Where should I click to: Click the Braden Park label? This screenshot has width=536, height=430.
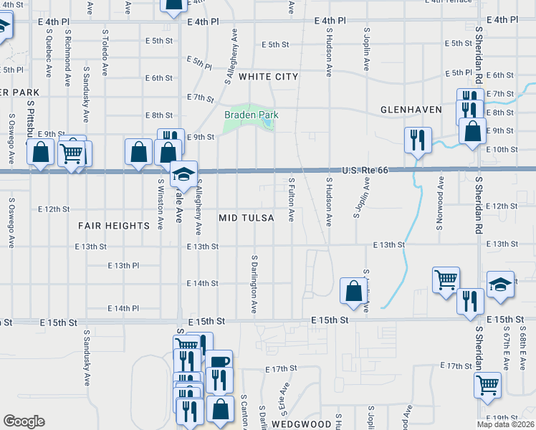(251, 115)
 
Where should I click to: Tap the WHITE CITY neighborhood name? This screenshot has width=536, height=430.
(268, 76)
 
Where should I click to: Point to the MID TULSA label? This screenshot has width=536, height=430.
(246, 217)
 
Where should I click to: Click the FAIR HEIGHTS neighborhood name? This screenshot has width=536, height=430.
(114, 225)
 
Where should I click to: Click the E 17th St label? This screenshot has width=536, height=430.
(280, 368)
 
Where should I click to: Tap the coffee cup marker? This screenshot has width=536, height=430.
(219, 363)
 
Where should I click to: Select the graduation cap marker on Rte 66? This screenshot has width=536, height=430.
(184, 173)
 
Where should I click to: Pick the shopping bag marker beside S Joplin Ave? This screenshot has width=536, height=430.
(353, 290)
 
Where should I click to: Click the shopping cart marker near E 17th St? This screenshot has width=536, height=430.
(488, 384)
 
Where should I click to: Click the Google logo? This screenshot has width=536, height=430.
(24, 421)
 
